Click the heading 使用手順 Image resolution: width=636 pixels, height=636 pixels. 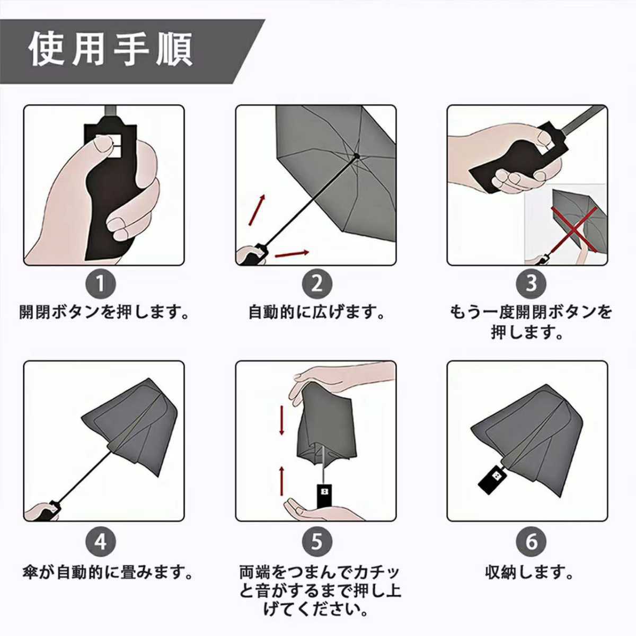tap(111, 50)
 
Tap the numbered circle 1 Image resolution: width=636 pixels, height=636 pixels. tap(101, 284)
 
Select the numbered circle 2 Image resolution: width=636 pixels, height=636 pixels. tap(316, 284)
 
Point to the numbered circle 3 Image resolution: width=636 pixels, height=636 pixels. tap(531, 284)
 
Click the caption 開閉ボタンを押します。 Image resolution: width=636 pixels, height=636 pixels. tap(104, 313)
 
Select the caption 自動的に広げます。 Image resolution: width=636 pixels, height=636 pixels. tap(317, 313)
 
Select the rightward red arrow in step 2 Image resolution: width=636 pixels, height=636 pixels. tap(292, 253)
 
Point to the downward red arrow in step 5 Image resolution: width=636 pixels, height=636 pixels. tap(281, 420)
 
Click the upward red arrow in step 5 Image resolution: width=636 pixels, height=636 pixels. tap(281, 481)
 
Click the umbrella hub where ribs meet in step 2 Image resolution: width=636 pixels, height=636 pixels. tap(357, 155)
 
